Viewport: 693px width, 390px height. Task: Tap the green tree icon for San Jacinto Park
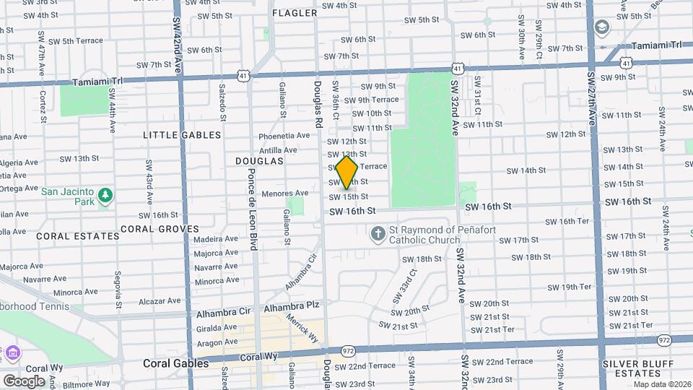[105, 196]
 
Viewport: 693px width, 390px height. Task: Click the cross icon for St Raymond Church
[378, 234]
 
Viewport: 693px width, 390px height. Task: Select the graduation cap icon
[601, 28]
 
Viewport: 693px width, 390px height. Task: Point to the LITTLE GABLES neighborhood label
[172, 135]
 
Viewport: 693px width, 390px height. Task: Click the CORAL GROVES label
[160, 229]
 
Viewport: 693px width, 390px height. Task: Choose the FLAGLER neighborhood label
[295, 13]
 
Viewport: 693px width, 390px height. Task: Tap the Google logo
[24, 381]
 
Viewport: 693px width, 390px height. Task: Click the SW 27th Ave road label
[591, 97]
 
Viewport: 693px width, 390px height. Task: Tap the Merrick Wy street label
[302, 327]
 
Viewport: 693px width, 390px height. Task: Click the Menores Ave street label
[284, 194]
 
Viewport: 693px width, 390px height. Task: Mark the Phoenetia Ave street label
[284, 136]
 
